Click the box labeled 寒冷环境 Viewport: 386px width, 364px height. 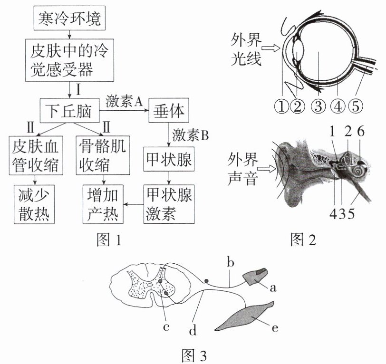tap(69, 19)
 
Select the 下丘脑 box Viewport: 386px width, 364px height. tap(70, 111)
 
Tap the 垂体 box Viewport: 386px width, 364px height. tap(169, 110)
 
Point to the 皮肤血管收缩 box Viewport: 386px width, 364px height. tap(36, 155)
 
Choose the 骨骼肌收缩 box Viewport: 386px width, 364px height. tap(103, 155)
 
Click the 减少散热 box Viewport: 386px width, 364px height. tap(34, 204)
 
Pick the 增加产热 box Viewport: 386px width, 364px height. tap(103, 204)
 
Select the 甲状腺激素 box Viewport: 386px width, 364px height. tap(169, 204)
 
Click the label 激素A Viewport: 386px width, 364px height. tap(124, 101)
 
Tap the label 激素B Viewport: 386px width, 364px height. tap(190, 135)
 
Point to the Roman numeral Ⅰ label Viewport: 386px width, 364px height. tap(78, 90)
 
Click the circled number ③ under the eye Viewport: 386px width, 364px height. tap(318, 106)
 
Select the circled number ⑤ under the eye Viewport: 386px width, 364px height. tap(355, 106)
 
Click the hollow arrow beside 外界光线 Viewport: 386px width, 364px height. tap(270, 48)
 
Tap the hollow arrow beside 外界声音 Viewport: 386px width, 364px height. tap(267, 169)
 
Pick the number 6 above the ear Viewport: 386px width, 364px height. tap(360, 132)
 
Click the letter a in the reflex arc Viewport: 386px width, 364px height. tap(273, 287)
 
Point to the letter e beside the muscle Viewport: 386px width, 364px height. tap(275, 328)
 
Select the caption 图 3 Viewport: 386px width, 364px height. tap(194, 355)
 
